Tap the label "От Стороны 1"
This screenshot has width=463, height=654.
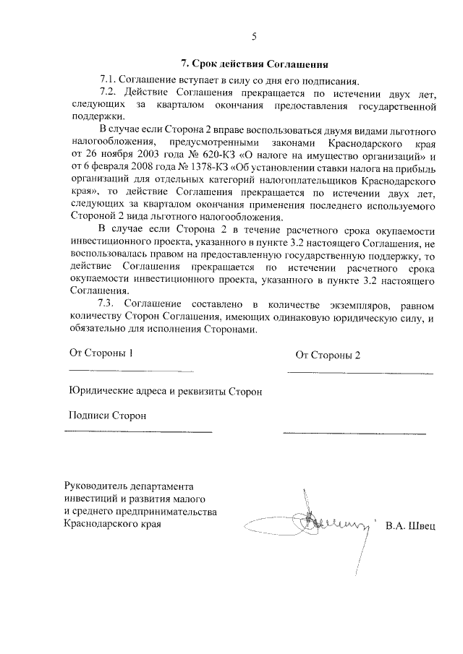pyautogui.click(x=101, y=353)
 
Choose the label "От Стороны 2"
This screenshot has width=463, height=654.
pyautogui.click(x=328, y=355)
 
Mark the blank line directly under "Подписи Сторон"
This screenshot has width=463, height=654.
pyautogui.click(x=139, y=432)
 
